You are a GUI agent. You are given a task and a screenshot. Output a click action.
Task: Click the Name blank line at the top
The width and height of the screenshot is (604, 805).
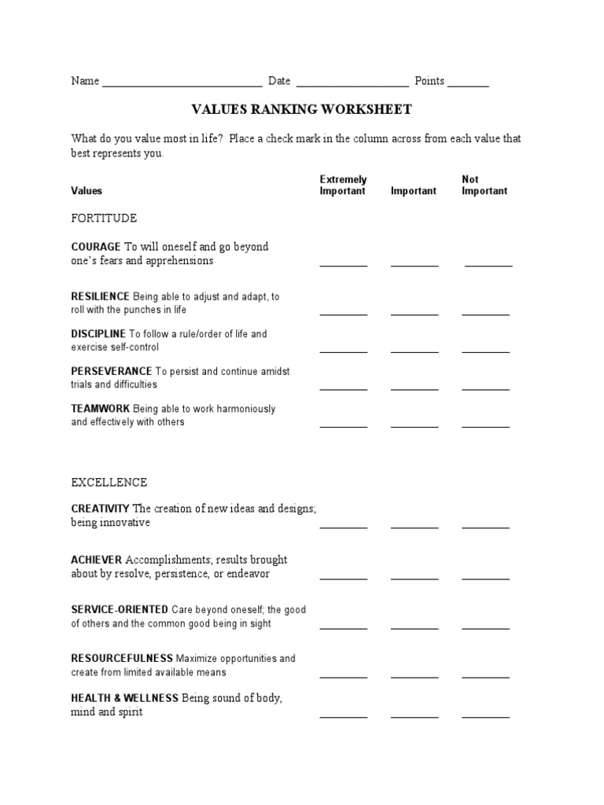click(x=182, y=84)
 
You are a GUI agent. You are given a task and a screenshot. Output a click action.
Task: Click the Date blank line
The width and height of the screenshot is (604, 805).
click(x=352, y=84)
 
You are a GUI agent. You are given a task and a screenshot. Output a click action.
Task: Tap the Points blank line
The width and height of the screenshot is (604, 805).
click(x=469, y=84)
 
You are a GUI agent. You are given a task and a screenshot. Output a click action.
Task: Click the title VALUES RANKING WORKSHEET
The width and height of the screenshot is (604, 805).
click(x=302, y=109)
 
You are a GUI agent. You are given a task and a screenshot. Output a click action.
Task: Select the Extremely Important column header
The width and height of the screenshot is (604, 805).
click(x=343, y=186)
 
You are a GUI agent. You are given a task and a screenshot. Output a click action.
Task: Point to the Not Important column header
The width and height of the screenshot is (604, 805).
click(x=484, y=186)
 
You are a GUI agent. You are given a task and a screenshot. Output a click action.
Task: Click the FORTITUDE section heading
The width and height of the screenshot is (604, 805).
click(x=104, y=218)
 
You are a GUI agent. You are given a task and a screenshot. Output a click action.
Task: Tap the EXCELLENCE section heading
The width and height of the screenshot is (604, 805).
click(x=109, y=482)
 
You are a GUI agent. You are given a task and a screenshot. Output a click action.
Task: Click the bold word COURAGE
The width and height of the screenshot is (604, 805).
click(x=96, y=247)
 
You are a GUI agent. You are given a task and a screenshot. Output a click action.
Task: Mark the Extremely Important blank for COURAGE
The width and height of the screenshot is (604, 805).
click(x=344, y=265)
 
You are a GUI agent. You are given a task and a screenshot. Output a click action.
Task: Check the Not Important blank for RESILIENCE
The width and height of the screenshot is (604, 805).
click(x=485, y=313)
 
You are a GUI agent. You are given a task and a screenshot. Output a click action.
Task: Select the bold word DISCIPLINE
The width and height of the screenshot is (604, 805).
click(x=98, y=334)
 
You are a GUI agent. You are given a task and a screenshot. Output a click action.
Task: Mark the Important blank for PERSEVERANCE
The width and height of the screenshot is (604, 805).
click(x=414, y=388)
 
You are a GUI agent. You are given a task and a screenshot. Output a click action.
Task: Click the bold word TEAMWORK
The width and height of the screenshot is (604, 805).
click(x=101, y=409)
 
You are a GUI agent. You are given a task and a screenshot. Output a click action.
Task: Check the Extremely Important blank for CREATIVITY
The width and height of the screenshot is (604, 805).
click(x=344, y=527)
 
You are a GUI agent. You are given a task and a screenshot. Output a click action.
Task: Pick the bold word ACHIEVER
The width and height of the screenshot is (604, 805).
click(x=97, y=560)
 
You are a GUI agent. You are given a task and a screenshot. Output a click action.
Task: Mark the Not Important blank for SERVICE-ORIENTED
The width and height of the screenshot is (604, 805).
click(x=485, y=627)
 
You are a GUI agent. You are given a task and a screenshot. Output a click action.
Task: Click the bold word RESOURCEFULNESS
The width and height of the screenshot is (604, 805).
click(x=122, y=658)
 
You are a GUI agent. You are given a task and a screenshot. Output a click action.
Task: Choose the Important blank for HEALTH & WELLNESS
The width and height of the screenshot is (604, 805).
click(x=414, y=716)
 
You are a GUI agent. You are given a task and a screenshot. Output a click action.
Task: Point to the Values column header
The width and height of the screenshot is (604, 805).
click(x=87, y=191)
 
